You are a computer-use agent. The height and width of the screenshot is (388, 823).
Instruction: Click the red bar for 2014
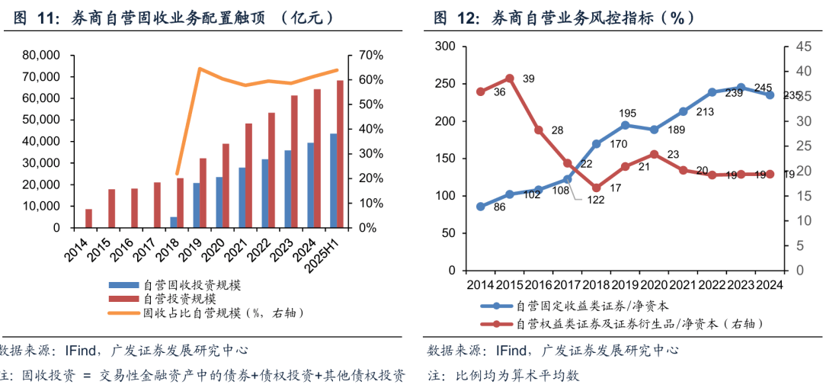(88, 218)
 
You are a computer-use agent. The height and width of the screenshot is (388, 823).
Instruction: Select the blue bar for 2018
(174, 222)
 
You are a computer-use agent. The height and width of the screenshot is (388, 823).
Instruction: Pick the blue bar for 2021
(242, 197)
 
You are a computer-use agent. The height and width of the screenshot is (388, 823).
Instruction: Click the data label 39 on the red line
(528, 79)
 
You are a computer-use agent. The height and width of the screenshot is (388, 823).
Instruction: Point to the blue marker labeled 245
(741, 88)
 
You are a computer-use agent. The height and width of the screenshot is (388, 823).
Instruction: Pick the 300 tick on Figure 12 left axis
(445, 46)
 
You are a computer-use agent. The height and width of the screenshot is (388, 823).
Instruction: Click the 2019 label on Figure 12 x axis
(624, 284)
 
